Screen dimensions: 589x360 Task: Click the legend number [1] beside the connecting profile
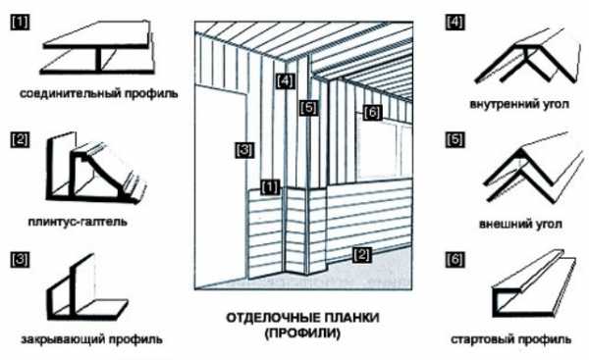(x=20, y=23)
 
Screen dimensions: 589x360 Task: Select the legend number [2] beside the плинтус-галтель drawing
(x=20, y=140)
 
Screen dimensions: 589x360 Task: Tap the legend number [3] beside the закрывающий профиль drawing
(x=20, y=259)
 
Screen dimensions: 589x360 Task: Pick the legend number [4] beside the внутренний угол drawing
(x=455, y=23)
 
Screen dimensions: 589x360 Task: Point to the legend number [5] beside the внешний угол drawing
(x=455, y=140)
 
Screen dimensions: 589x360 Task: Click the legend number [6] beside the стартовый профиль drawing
(x=455, y=259)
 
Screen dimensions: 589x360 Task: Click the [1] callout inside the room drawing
(x=270, y=187)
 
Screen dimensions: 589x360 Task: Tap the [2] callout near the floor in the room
(x=361, y=255)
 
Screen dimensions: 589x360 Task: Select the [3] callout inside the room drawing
(x=244, y=150)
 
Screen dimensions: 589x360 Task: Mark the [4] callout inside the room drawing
(x=285, y=81)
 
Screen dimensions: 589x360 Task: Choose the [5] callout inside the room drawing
(x=309, y=108)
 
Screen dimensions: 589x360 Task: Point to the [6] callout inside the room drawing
(x=372, y=112)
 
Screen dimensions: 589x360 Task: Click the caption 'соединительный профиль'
(x=99, y=93)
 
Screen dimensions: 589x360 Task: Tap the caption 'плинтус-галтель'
(x=78, y=222)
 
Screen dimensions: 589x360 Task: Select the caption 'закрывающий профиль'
(x=92, y=339)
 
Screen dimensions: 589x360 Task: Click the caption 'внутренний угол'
(x=519, y=104)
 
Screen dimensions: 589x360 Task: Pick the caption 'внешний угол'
(x=520, y=224)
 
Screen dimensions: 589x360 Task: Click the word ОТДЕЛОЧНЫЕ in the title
(x=269, y=318)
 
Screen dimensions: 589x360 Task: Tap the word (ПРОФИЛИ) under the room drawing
(x=302, y=333)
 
